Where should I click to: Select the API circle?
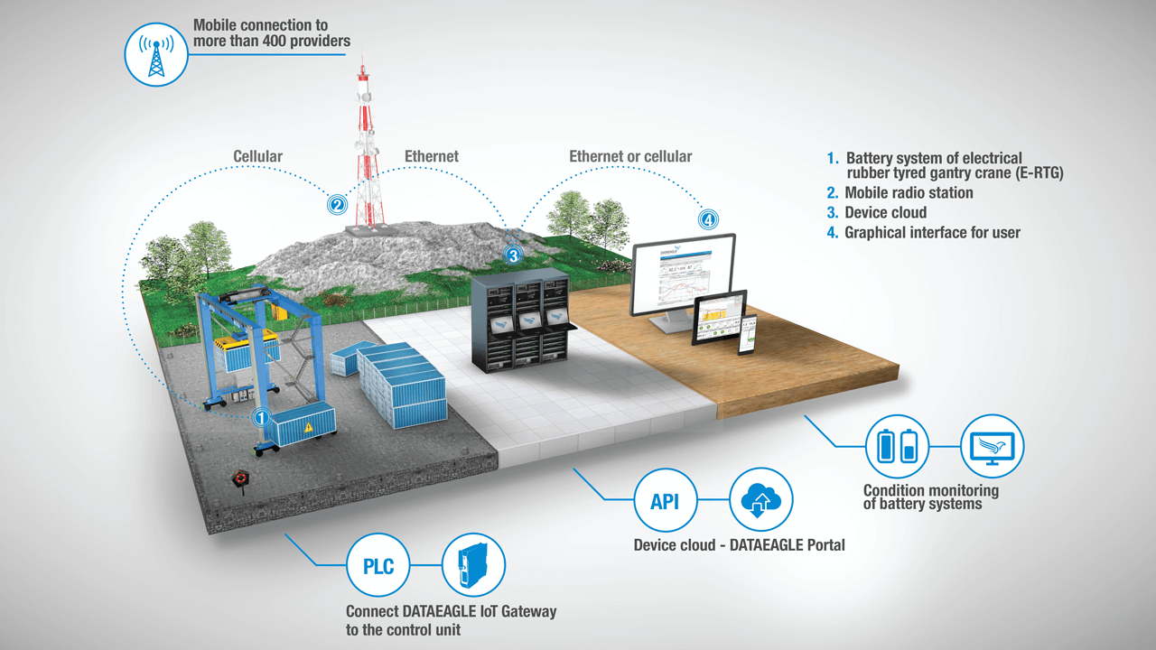click(x=665, y=500)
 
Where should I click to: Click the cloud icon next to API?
click(x=760, y=500)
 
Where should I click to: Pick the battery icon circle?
click(x=897, y=445)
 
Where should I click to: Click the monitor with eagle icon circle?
click(x=992, y=445)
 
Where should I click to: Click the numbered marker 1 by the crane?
click(x=261, y=418)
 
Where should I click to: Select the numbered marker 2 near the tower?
click(x=337, y=205)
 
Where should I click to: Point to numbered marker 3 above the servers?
click(x=513, y=255)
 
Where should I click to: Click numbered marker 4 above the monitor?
click(x=708, y=218)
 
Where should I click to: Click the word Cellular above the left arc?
click(x=257, y=157)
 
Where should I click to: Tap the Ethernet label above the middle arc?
click(x=431, y=157)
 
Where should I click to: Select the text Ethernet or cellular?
click(x=630, y=157)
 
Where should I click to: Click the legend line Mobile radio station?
click(x=909, y=193)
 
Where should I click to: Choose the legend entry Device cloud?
click(x=885, y=213)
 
